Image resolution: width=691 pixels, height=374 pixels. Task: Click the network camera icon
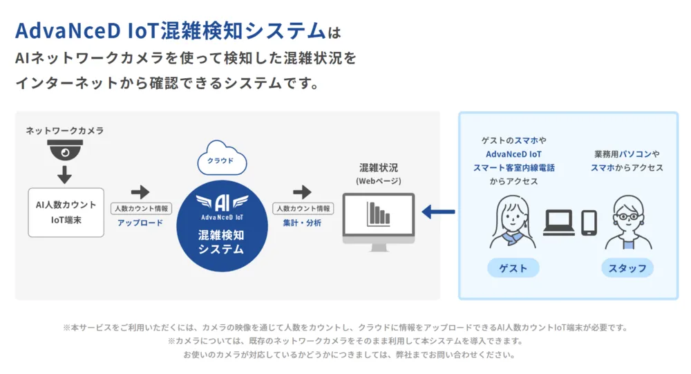click(65, 149)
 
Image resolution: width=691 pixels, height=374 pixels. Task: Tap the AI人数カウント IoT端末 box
click(66, 212)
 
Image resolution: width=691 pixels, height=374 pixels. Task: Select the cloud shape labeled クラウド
click(220, 160)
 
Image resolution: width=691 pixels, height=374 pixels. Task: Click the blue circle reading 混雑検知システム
click(220, 225)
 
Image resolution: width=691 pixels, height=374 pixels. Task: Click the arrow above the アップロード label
click(140, 192)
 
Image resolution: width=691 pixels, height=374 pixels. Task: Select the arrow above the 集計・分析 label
click(302, 192)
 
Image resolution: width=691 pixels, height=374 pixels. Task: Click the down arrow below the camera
click(65, 174)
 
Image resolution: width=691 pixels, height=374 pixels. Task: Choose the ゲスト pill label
click(513, 268)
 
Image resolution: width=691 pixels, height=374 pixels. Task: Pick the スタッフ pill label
click(627, 268)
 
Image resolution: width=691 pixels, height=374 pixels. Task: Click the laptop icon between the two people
click(560, 222)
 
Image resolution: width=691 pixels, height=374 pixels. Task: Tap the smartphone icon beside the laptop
click(589, 222)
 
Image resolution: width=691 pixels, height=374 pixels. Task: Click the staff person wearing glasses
click(627, 223)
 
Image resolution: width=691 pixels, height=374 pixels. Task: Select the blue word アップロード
click(140, 223)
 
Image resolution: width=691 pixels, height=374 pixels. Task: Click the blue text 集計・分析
click(302, 223)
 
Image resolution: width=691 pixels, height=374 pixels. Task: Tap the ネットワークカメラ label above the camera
click(65, 130)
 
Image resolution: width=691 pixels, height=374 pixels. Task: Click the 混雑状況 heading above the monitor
click(379, 168)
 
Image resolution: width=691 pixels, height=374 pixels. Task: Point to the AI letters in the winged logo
click(220, 202)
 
